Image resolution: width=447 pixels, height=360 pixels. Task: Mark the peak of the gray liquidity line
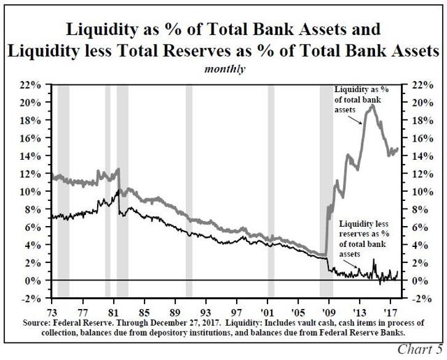pyautogui.click(x=372, y=105)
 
